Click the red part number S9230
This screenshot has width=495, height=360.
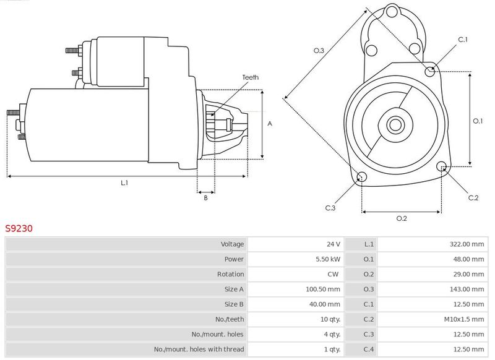[x=19, y=228]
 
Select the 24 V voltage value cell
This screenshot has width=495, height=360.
[x=334, y=244]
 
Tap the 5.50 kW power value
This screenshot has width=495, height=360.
[x=328, y=259]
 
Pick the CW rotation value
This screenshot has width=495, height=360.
[x=333, y=274]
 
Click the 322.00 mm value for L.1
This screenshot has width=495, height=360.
[x=467, y=244]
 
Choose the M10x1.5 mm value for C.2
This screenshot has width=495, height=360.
[x=463, y=319]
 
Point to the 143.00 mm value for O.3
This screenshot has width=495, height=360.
[x=467, y=289]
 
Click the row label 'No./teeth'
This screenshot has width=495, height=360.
[x=230, y=319]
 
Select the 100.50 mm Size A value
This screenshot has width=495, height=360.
[x=323, y=289]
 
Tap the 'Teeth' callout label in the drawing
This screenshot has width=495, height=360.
[x=251, y=77]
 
